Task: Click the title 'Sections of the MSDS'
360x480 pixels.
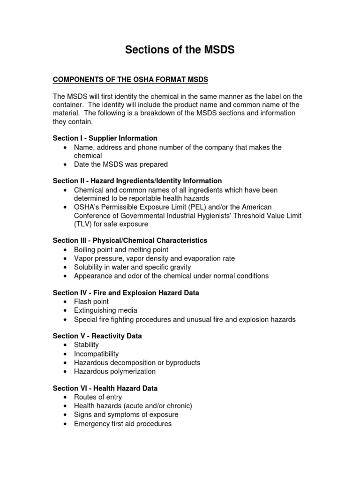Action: [x=180, y=50]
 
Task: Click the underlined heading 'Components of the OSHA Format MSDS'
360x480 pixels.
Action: [x=130, y=79]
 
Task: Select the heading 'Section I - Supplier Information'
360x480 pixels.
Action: [x=105, y=138]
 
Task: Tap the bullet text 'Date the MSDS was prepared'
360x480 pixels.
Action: [x=121, y=165]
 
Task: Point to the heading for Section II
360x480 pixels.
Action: [x=137, y=181]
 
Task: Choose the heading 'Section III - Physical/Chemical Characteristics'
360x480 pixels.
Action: [x=130, y=240]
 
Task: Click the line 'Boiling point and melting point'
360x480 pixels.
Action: [x=121, y=250]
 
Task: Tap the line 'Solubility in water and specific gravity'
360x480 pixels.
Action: [x=133, y=267]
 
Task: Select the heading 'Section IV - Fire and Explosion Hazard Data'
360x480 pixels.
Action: [x=126, y=293]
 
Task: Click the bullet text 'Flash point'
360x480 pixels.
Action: [x=91, y=302]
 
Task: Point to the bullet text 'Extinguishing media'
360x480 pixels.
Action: [x=105, y=310]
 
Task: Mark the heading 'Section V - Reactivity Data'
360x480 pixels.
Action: [x=97, y=336]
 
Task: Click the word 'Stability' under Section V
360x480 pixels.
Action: [x=87, y=345]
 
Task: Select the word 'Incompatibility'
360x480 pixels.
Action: [x=97, y=354]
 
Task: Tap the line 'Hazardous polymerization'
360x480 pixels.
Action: [x=115, y=371]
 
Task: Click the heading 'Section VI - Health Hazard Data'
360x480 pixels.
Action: [x=105, y=389]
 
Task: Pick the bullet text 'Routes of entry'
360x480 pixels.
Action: [x=98, y=397]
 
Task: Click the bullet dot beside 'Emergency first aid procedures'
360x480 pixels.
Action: [x=65, y=424]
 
